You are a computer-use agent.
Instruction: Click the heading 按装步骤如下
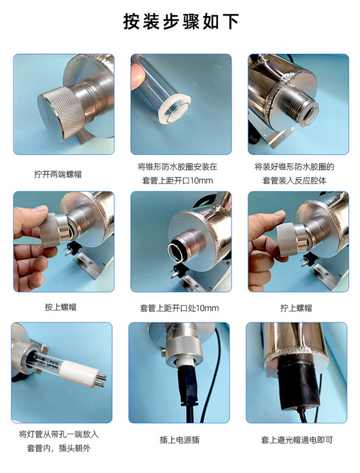click(x=181, y=21)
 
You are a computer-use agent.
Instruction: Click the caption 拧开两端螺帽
click(x=58, y=174)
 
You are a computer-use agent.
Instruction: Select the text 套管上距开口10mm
click(x=178, y=181)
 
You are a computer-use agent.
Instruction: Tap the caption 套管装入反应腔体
click(x=294, y=181)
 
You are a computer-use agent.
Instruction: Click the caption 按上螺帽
click(x=61, y=307)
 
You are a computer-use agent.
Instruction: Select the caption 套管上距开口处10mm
click(x=179, y=308)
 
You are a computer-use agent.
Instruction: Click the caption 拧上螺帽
click(x=296, y=308)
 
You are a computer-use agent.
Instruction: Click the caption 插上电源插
click(x=180, y=440)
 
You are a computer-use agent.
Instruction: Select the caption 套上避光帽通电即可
click(x=297, y=440)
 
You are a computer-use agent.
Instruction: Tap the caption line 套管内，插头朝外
click(x=59, y=448)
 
